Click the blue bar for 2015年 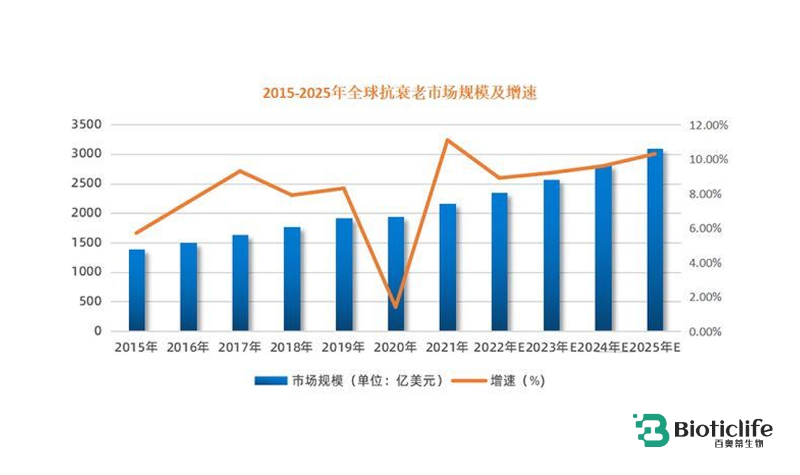137,290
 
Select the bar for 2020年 396,274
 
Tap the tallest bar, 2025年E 654,240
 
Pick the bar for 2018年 292,279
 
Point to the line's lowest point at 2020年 396,307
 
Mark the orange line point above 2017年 241,171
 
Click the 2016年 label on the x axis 188,347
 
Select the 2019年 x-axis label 343,347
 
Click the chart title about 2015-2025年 399,93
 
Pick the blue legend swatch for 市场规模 270,381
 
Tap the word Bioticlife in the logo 723,429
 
